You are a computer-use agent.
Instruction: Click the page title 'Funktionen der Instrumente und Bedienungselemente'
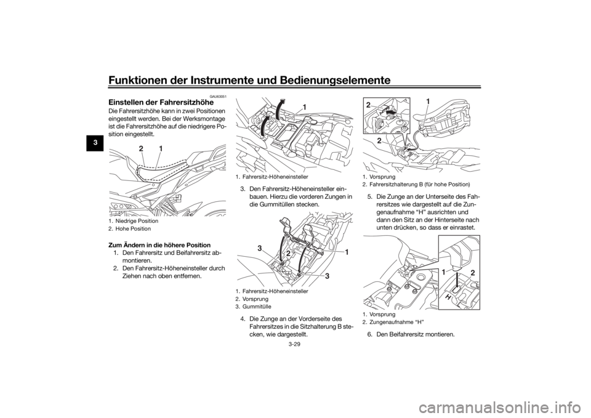[249, 80]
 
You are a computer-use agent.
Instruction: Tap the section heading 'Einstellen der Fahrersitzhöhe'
[161, 102]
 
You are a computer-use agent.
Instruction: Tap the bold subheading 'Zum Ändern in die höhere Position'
[159, 246]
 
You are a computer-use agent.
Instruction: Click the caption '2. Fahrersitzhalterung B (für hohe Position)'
[416, 184]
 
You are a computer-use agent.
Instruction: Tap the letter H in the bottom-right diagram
[449, 297]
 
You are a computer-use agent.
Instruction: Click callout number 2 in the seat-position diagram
[141, 149]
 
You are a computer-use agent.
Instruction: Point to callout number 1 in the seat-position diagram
[161, 149]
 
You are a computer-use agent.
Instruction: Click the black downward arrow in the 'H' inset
[456, 279]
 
